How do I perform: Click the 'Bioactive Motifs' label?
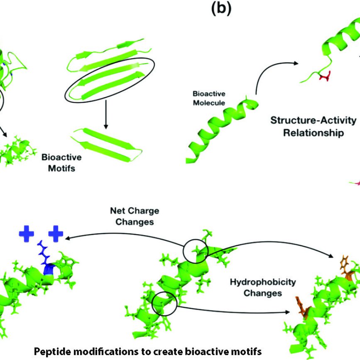pos(61,163)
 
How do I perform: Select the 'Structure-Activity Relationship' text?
pos(313,127)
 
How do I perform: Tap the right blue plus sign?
pos(56,234)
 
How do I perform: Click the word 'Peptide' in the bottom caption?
pos(49,351)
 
